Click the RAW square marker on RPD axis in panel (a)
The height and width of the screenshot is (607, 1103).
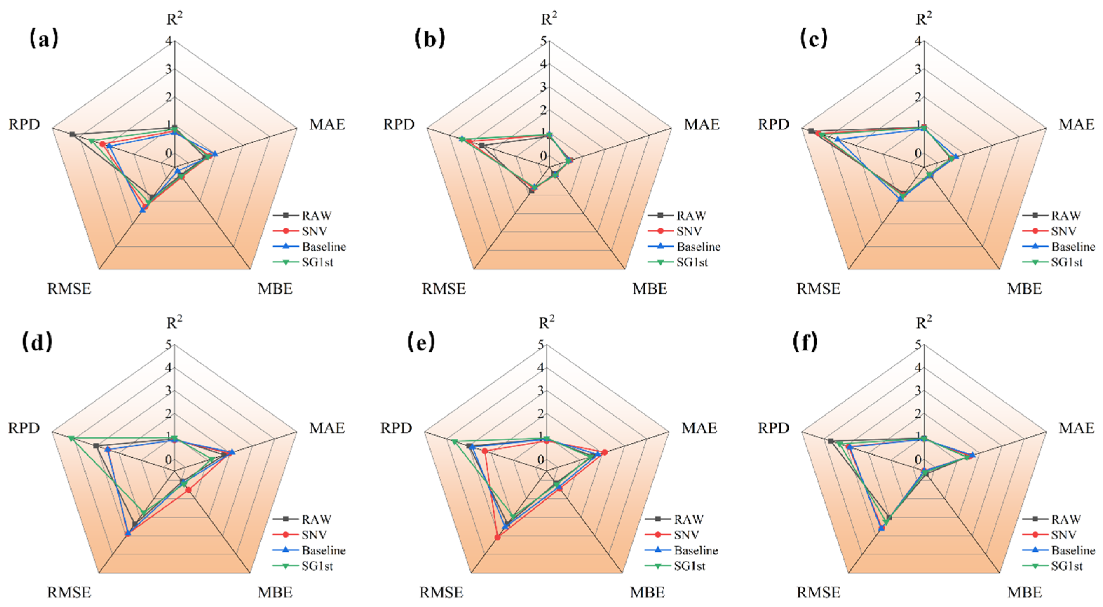pos(72,135)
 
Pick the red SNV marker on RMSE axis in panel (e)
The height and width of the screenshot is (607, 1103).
pos(497,537)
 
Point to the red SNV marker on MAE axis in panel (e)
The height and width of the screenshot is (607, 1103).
pos(604,452)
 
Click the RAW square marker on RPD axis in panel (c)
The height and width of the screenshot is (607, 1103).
pos(811,131)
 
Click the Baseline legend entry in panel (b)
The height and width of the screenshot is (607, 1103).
pos(698,247)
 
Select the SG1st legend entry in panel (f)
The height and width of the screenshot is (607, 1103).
pos(1067,566)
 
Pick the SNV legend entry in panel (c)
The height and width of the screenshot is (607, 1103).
pos(1063,231)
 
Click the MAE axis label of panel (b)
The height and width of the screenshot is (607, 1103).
pos(701,124)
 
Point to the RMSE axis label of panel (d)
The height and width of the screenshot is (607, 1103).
pos(69,592)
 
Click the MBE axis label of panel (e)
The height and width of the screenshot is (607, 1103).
pos(648,592)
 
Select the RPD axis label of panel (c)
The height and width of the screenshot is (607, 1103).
pos(773,124)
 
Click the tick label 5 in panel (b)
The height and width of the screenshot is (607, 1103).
pos(543,41)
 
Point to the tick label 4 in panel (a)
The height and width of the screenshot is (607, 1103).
pos(169,41)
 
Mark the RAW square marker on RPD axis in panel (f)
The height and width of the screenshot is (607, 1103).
pos(831,441)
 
